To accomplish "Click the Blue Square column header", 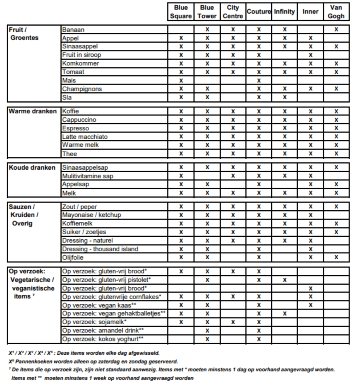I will [181, 12].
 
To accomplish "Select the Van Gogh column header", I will [336, 12].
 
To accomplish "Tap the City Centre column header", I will [233, 12].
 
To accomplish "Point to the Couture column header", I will [258, 12].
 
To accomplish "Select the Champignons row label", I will [82, 89].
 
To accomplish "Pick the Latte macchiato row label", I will [85, 136].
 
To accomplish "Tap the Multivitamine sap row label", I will [88, 176].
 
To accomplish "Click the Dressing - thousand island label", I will [100, 249].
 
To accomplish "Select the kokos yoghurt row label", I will [103, 339].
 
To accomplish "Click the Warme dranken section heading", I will [33, 111].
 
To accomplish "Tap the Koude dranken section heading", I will [32, 167].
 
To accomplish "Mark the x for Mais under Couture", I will [258, 80].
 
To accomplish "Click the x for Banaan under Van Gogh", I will [336, 29].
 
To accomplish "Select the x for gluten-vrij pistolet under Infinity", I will [285, 280].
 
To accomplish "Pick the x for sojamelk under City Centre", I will [233, 322].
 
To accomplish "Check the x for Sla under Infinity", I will [285, 97].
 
